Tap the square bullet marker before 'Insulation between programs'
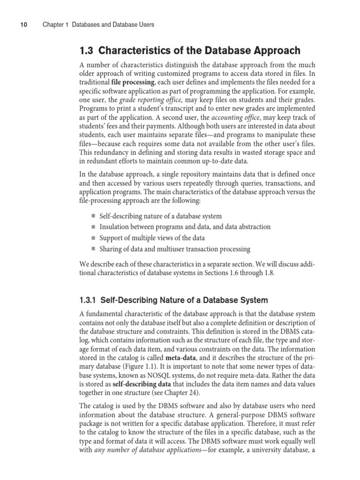93,227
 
